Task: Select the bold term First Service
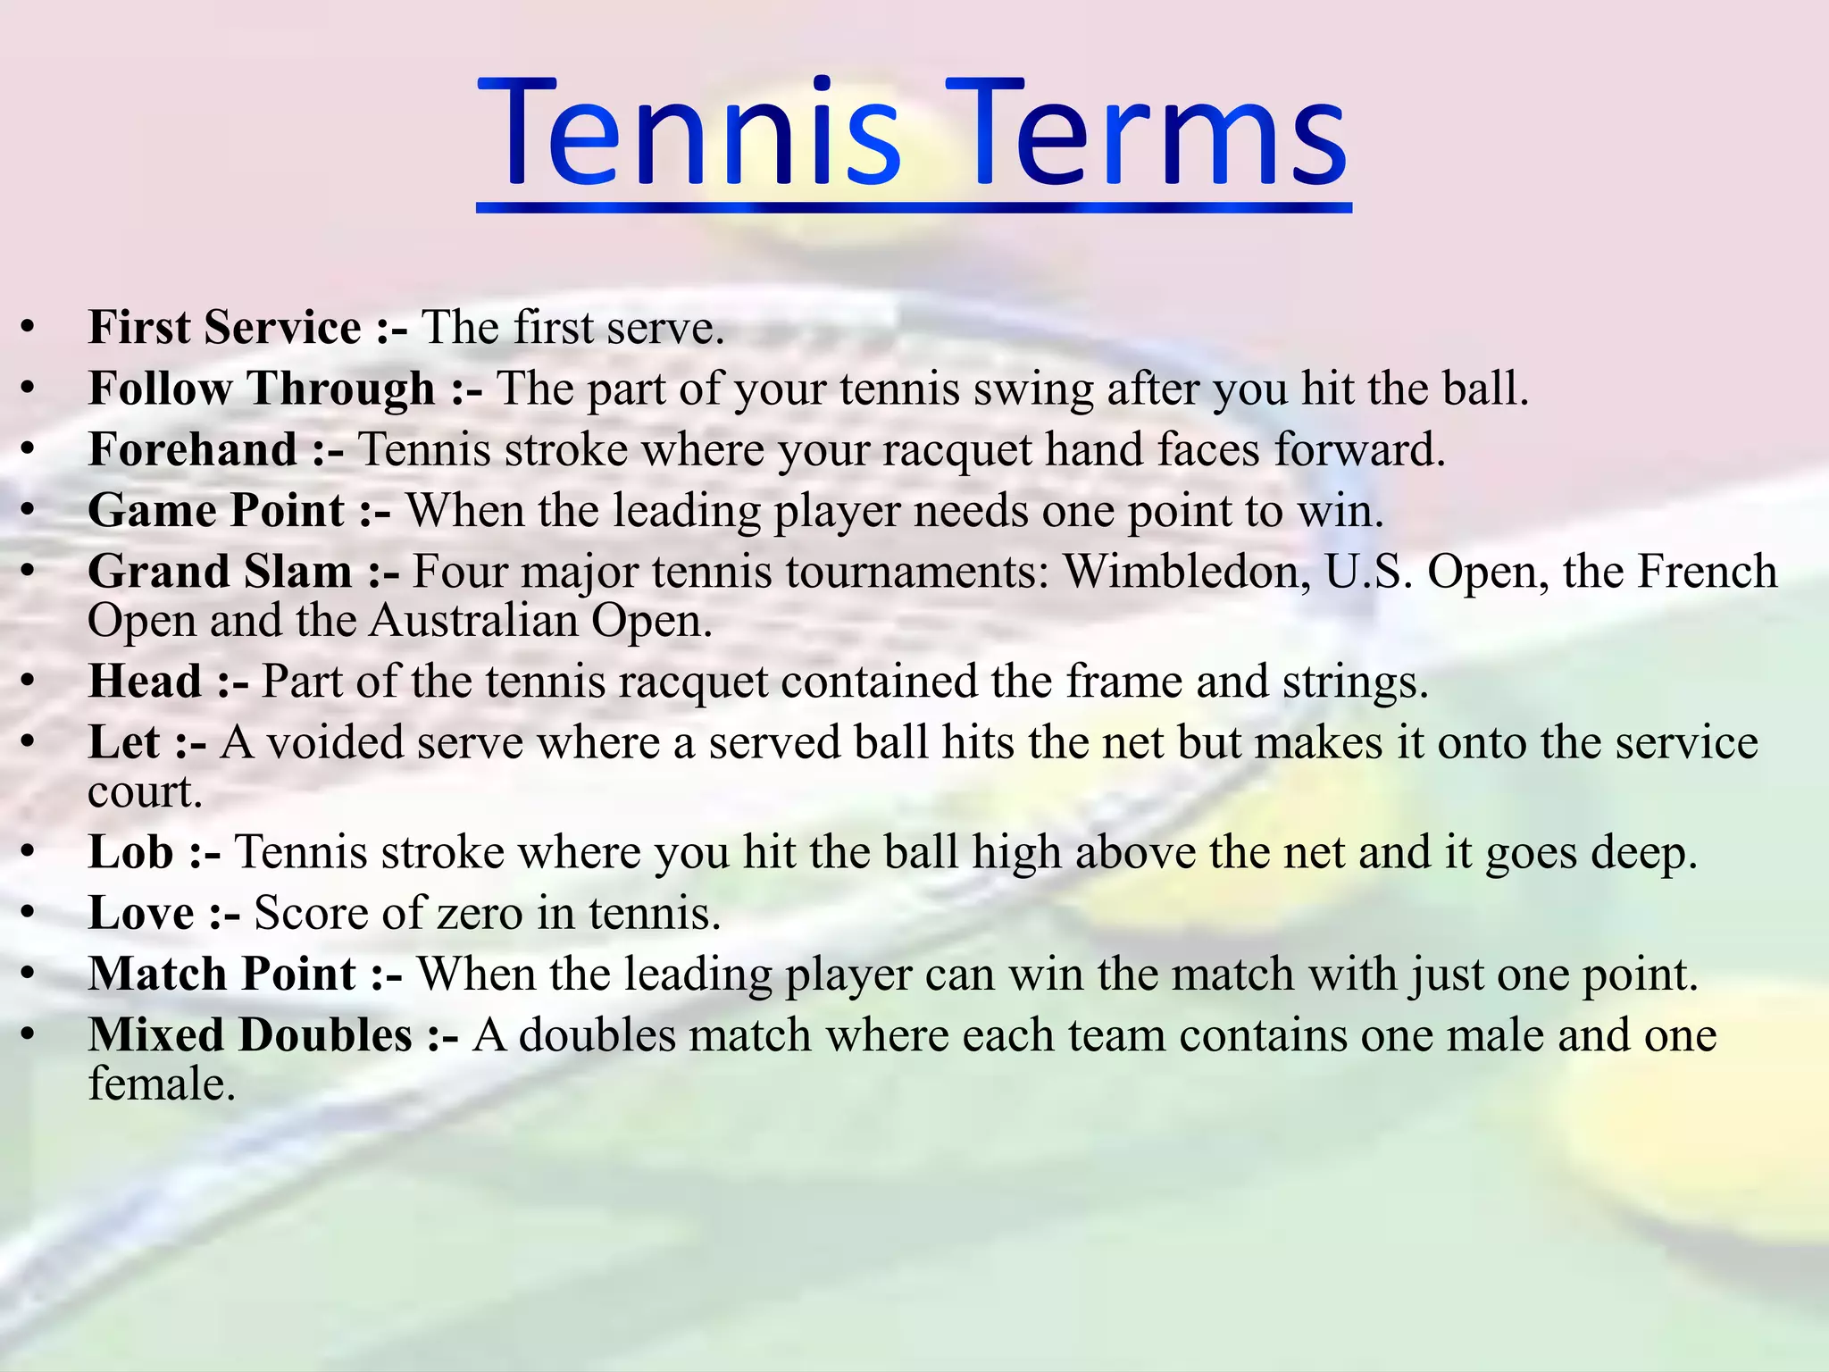(225, 327)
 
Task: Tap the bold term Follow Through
(262, 389)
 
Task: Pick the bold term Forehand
(193, 449)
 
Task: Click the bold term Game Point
(216, 511)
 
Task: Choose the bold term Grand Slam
(221, 572)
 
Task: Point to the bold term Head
(146, 682)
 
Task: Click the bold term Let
(124, 742)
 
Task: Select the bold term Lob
(131, 852)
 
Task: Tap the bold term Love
(141, 913)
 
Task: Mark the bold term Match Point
(222, 974)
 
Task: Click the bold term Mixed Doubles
(250, 1035)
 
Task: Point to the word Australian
(473, 621)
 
